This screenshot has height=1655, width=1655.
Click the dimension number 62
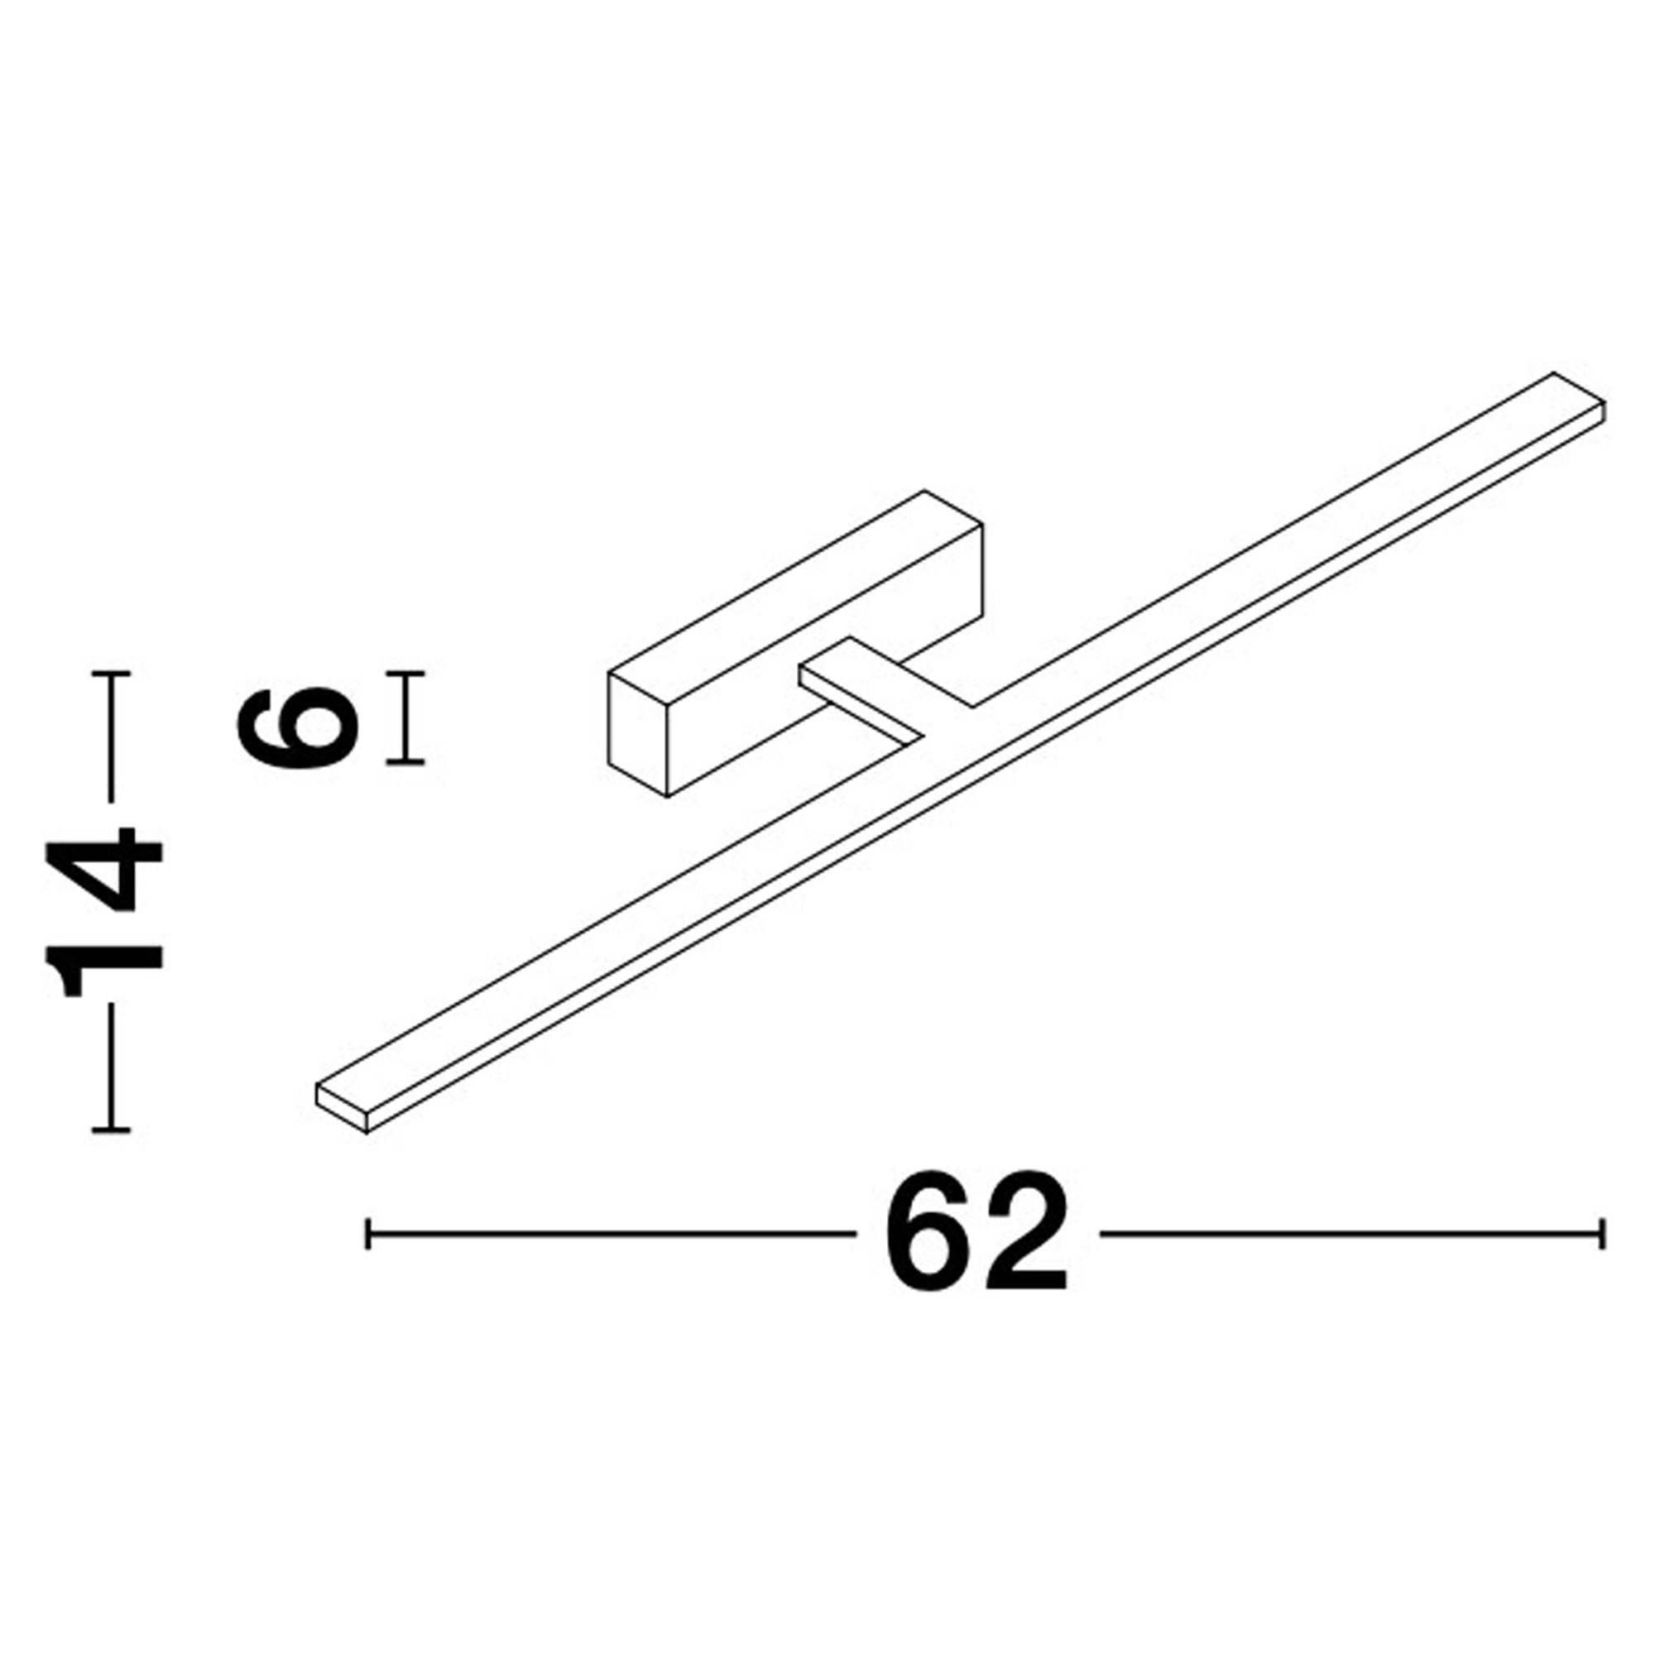976,1233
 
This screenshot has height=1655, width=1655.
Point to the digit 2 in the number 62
1026,1233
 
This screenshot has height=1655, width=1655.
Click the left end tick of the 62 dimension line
367,1234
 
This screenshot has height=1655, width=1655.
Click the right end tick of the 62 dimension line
1602,1234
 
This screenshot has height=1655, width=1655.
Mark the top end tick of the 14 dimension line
111,674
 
